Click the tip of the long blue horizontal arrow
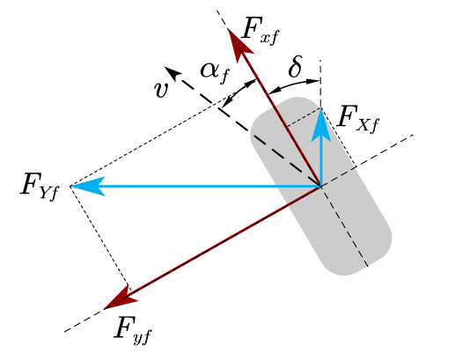click(x=73, y=186)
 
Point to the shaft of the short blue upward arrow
click(x=321, y=158)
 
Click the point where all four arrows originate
click(x=321, y=186)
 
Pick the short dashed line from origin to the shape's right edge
click(x=339, y=176)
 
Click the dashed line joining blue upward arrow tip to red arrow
click(x=304, y=119)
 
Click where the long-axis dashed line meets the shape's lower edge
click(x=368, y=267)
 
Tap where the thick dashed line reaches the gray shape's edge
click(x=253, y=135)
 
